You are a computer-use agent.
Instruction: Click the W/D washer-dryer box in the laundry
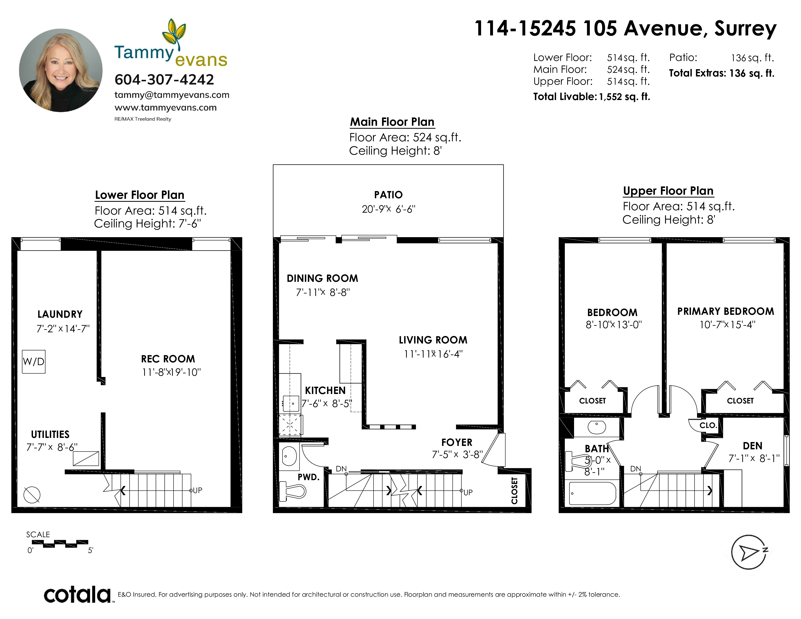click(33, 362)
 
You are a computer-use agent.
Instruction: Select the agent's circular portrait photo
click(61, 70)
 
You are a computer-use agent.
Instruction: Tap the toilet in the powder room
click(292, 491)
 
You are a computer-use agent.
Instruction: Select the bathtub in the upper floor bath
click(592, 493)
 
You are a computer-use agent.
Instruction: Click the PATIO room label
click(388, 195)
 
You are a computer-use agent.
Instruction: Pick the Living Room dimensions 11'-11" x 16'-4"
click(433, 354)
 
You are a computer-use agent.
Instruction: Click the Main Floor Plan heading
click(392, 122)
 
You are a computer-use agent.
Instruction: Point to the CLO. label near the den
click(708, 425)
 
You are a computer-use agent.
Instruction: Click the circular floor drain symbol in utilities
click(32, 495)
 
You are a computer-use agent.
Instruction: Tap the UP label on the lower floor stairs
click(197, 490)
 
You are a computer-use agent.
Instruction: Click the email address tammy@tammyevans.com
click(172, 95)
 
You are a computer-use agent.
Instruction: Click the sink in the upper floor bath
click(596, 427)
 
